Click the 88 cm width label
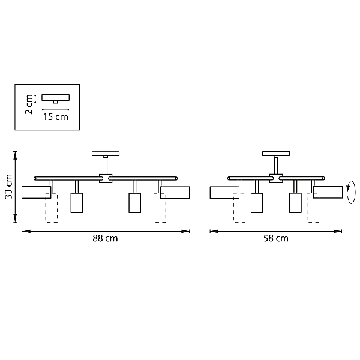click(105, 238)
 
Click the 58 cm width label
click(276, 238)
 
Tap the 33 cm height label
click(9, 187)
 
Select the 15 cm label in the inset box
click(56, 117)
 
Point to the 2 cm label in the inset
click(29, 104)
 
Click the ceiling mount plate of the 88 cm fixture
click(106, 154)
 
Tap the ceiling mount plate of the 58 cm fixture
click(276, 154)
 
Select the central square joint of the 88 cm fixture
click(106, 178)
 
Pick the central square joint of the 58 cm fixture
click(276, 178)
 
